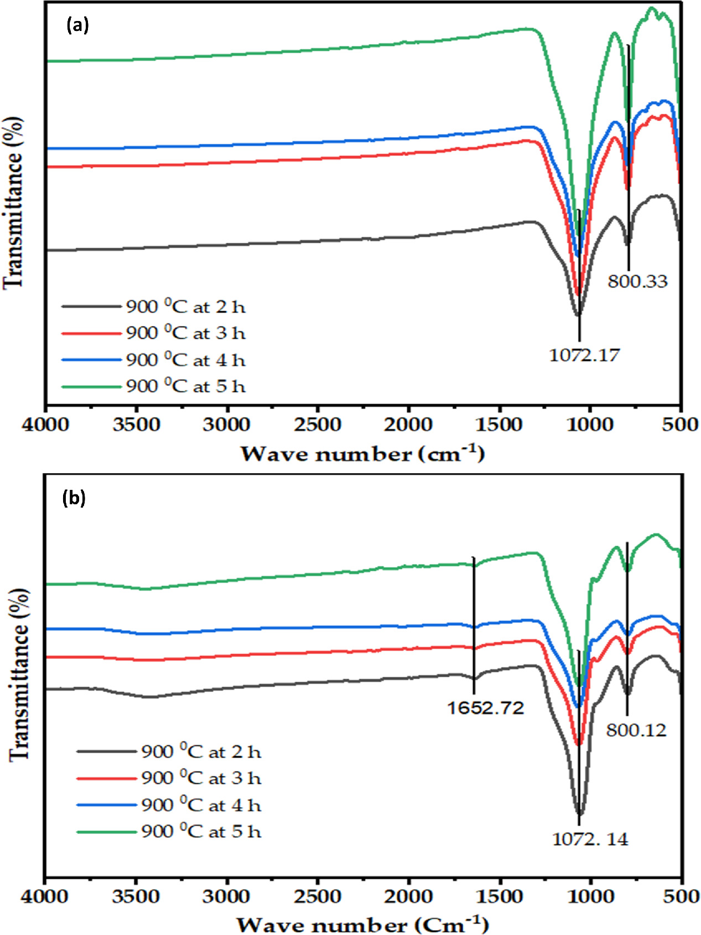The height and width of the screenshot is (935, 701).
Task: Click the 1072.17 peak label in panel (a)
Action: [584, 354]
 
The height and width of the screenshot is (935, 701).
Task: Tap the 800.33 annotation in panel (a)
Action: [637, 281]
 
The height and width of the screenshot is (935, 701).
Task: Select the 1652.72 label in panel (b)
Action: [485, 708]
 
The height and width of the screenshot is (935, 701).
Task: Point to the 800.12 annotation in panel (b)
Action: [636, 730]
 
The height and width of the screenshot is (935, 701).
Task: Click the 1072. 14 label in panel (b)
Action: [590, 839]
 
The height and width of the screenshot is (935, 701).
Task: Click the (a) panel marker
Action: [77, 25]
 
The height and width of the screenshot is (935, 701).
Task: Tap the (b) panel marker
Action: [74, 498]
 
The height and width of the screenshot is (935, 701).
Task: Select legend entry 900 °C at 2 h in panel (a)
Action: [185, 307]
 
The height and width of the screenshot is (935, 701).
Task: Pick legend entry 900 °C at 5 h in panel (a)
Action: [185, 386]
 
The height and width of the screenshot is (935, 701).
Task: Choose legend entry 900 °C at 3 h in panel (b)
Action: [201, 779]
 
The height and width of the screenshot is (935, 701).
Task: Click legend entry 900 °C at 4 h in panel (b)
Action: [201, 805]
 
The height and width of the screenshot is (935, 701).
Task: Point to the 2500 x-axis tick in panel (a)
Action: [318, 425]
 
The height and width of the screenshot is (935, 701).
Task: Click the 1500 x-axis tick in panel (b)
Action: [499, 896]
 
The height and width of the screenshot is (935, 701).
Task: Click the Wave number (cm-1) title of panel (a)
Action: [362, 454]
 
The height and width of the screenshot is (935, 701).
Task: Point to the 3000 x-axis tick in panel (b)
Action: [226, 896]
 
